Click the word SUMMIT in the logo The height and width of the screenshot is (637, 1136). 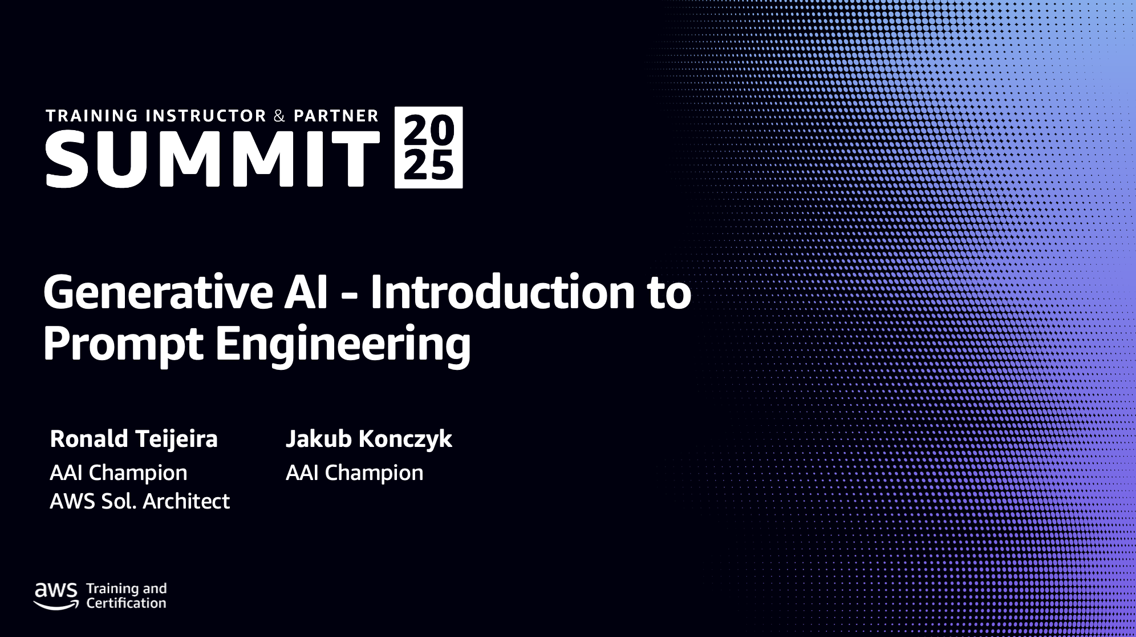(213, 159)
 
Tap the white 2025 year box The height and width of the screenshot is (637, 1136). (429, 147)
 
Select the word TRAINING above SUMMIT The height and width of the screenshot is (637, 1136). (92, 116)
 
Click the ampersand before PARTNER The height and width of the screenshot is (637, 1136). (279, 116)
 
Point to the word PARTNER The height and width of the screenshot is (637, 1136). (336, 116)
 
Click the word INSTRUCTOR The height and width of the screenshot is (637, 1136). (206, 116)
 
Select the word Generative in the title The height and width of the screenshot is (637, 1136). (159, 292)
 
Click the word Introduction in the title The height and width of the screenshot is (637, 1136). (502, 292)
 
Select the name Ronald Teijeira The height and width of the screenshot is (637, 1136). (134, 439)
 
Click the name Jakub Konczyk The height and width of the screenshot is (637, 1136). (369, 439)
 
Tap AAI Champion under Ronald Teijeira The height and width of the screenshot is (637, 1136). (119, 473)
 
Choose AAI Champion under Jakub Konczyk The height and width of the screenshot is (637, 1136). (355, 473)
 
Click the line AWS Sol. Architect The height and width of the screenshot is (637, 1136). (140, 501)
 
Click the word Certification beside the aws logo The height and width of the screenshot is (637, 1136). (127, 603)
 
